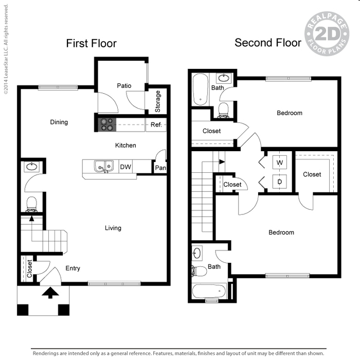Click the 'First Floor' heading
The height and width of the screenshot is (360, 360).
[x=91, y=44]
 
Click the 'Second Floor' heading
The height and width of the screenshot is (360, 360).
[x=268, y=43]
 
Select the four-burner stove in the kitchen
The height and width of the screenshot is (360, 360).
[x=107, y=124]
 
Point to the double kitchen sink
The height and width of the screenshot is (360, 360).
[x=104, y=166]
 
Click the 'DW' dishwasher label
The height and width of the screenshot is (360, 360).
[x=125, y=167]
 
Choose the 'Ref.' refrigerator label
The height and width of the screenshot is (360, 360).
[x=156, y=124]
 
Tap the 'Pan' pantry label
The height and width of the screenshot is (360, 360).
[x=160, y=168]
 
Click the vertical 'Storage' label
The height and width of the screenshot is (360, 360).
[x=158, y=101]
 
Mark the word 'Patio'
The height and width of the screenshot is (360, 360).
[x=124, y=86]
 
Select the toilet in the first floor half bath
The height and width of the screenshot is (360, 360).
[x=32, y=204]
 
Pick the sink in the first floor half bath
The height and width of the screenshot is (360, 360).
[x=32, y=167]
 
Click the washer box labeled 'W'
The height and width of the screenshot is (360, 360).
[x=280, y=163]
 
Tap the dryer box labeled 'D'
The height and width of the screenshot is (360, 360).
[x=280, y=182]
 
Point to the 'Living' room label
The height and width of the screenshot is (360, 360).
[x=113, y=228]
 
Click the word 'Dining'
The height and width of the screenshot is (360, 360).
[x=59, y=122]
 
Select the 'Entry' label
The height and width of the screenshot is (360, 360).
[x=73, y=268]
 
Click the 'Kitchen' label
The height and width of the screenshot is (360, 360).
[x=125, y=146]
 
